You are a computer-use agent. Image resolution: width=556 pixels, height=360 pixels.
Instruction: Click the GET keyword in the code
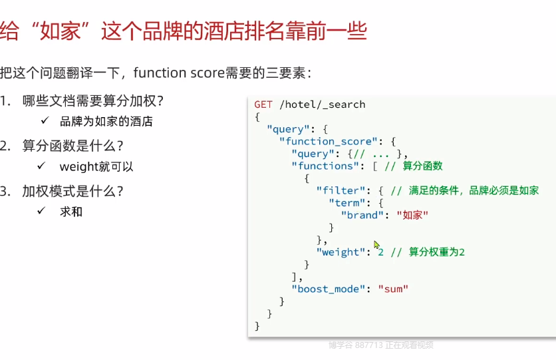(x=263, y=104)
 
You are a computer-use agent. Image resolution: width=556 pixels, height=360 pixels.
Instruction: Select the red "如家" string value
(x=412, y=215)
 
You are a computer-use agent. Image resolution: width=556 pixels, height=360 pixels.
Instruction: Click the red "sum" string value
(x=392, y=289)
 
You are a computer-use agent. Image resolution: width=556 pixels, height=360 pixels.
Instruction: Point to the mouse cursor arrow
(x=377, y=245)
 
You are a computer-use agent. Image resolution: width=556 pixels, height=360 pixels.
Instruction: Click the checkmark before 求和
(x=41, y=211)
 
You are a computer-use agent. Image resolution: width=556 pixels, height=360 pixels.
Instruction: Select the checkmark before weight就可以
(x=41, y=166)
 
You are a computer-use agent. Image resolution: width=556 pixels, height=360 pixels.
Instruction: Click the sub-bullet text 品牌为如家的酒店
(x=106, y=122)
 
